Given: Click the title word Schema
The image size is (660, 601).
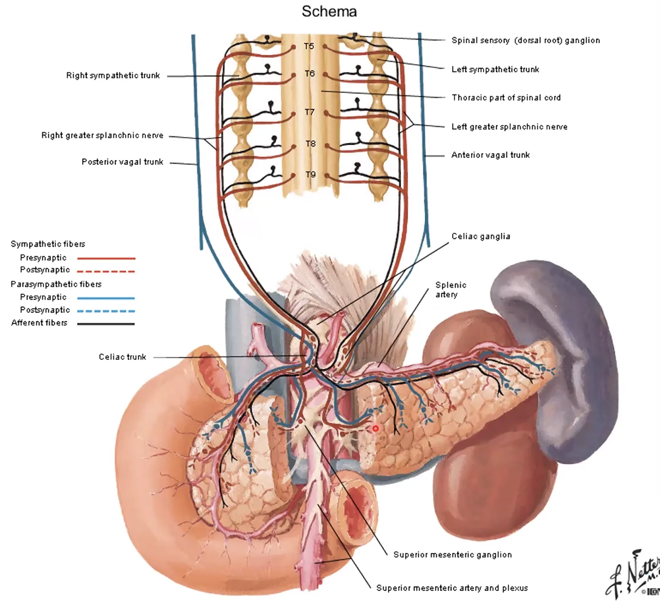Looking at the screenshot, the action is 329,11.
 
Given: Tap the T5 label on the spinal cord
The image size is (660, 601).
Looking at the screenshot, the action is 309,46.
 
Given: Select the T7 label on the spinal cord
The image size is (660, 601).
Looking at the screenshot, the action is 309,112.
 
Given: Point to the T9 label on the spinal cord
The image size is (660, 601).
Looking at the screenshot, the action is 311,175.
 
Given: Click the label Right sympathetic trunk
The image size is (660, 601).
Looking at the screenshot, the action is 113,75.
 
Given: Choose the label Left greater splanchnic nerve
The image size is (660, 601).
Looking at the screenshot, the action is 509,127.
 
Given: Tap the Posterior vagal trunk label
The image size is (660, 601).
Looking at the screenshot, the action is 123,162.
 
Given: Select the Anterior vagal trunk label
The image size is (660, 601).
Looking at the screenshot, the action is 491,155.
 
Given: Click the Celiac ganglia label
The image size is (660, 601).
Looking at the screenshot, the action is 481,236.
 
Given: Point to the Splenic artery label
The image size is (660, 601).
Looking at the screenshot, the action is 451,290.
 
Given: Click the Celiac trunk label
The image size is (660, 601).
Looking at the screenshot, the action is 123,357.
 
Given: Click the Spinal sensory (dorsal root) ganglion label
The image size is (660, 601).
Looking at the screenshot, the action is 526,41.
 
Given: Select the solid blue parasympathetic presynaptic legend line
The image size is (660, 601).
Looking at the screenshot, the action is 106,298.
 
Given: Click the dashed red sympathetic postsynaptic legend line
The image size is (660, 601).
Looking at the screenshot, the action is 106,271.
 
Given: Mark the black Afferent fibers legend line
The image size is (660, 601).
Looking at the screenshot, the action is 106,324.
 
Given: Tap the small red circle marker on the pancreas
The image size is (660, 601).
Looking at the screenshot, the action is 375,428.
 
